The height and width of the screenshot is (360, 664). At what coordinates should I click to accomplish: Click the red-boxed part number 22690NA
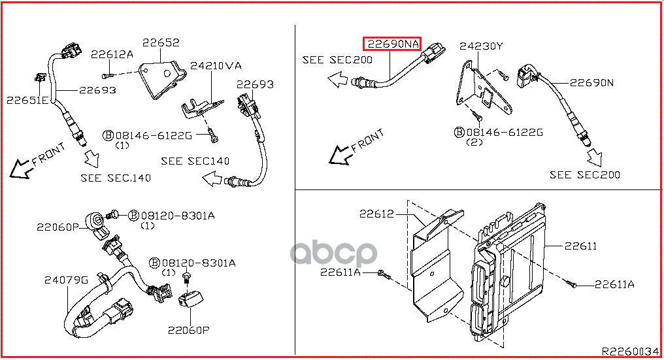(x=392, y=44)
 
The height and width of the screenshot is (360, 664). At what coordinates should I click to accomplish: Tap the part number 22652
(x=161, y=42)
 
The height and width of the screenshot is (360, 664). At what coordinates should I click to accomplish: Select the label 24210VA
(x=216, y=66)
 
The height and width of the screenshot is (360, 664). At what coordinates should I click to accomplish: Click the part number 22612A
(x=112, y=54)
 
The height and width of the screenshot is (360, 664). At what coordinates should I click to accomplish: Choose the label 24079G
(x=66, y=280)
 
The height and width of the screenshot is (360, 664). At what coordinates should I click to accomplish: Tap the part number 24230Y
(x=481, y=46)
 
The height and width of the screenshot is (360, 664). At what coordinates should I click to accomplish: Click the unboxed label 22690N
(x=591, y=83)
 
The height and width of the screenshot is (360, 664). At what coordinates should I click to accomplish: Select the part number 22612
(x=376, y=214)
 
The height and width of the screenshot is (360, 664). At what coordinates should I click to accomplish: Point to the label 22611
(x=580, y=246)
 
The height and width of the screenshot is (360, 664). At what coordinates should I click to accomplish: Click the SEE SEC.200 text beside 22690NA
(x=337, y=60)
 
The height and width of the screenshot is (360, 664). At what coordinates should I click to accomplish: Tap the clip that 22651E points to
(x=41, y=80)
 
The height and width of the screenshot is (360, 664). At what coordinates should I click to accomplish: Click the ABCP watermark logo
(x=333, y=253)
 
